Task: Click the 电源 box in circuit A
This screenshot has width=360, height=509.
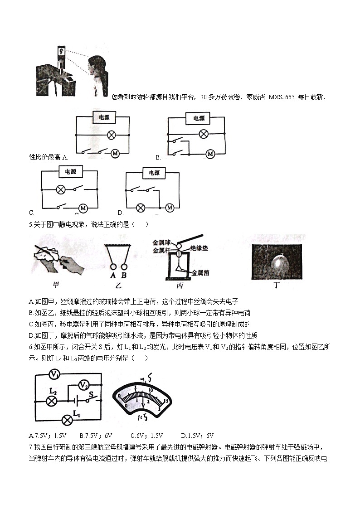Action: pyautogui.click(x=104, y=117)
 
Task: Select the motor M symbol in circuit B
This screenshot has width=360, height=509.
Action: pyautogui.click(x=209, y=154)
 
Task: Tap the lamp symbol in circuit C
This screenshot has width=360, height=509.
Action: pyautogui.click(x=59, y=189)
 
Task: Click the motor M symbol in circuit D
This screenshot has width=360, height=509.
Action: pyautogui.click(x=170, y=208)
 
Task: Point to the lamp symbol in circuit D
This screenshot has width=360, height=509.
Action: pyautogui.click(x=141, y=208)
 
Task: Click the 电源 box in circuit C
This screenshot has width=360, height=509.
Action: pyautogui.click(x=70, y=172)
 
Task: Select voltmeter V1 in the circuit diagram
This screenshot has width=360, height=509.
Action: pyautogui.click(x=55, y=374)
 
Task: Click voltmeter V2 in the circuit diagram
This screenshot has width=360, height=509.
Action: pyautogui.click(x=83, y=385)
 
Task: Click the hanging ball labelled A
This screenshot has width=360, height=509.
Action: pyautogui.click(x=112, y=267)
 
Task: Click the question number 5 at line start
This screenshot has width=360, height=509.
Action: pyautogui.click(x=30, y=224)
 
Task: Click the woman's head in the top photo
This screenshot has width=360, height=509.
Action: pyautogui.click(x=97, y=63)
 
